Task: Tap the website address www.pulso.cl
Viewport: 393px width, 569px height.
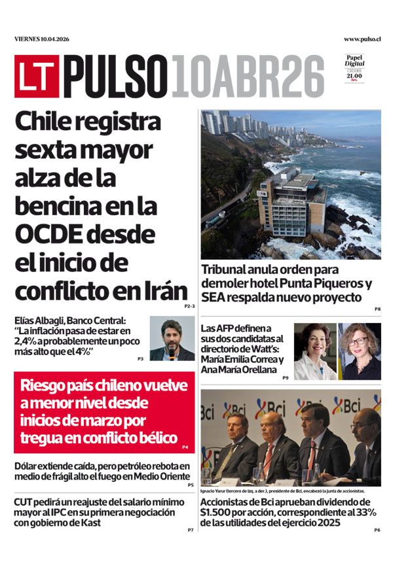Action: (362, 39)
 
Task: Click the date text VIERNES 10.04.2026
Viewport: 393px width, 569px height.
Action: (42, 39)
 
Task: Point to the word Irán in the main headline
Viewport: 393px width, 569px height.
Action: (164, 290)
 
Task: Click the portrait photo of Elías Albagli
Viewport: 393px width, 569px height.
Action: (172, 339)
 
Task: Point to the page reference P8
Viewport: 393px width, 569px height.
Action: (378, 309)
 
